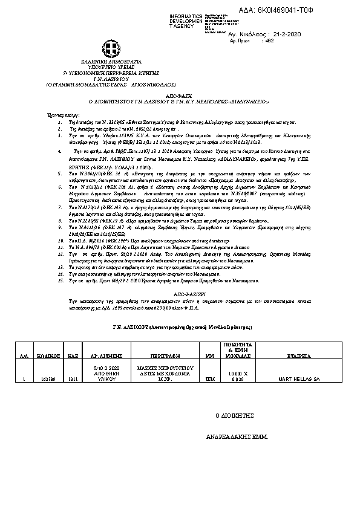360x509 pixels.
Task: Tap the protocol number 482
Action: (x=270, y=41)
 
